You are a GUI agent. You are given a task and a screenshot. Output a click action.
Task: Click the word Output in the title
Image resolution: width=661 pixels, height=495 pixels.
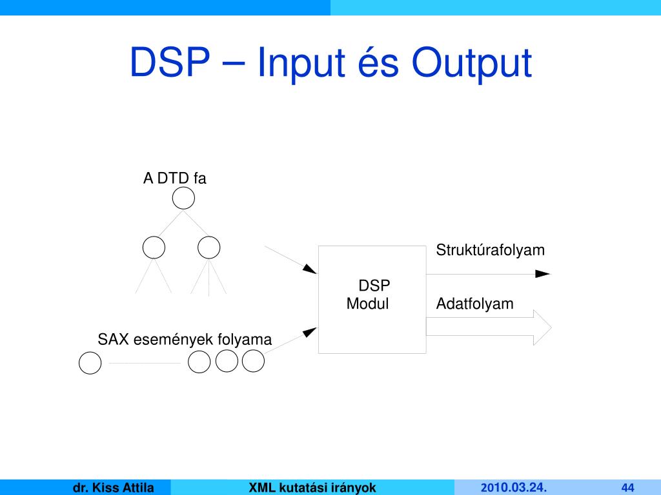(x=473, y=64)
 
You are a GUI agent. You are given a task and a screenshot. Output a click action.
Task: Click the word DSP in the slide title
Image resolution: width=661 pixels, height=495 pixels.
(x=169, y=64)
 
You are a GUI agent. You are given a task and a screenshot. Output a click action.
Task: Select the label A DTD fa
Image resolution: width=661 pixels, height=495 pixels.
(x=174, y=179)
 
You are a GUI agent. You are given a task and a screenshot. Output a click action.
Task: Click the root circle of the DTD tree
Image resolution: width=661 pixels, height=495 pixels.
(x=184, y=199)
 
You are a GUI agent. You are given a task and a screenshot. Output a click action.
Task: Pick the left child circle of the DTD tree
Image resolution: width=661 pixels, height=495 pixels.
(x=154, y=247)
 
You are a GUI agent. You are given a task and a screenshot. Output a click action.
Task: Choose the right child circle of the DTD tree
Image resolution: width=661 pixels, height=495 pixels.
(x=209, y=247)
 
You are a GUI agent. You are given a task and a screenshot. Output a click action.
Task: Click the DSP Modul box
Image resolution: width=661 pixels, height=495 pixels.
(x=372, y=299)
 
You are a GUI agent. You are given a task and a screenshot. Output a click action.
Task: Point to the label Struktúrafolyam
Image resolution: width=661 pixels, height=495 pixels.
(x=491, y=250)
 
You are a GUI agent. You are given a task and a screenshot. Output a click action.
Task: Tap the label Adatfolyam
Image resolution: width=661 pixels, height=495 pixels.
(x=475, y=304)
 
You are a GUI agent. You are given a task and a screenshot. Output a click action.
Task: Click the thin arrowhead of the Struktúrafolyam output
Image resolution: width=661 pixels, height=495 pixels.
(x=543, y=274)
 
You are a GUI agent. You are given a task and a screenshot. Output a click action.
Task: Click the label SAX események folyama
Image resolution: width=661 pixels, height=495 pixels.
(x=185, y=339)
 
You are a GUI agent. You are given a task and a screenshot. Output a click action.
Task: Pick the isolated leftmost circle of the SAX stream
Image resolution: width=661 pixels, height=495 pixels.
(x=90, y=364)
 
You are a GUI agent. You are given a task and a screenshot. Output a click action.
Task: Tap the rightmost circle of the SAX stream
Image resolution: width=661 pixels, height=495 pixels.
(x=254, y=362)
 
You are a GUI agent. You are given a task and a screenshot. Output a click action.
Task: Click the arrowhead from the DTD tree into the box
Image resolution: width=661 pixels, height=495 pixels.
(x=310, y=269)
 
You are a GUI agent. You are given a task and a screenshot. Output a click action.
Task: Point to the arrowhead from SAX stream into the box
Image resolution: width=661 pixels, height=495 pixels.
(x=310, y=332)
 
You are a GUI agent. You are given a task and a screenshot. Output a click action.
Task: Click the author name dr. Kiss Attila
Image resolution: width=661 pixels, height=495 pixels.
(x=113, y=487)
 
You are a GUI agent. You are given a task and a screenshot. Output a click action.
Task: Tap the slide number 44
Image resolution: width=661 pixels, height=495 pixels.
(x=628, y=487)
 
